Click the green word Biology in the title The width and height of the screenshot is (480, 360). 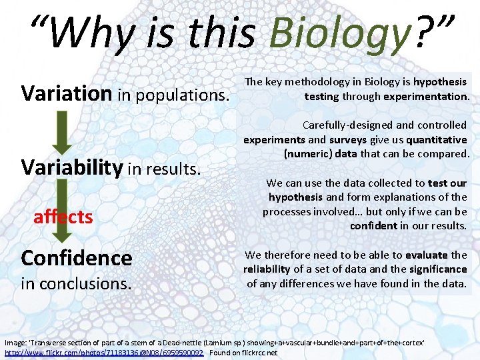click(339, 33)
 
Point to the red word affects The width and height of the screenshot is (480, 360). click(63, 217)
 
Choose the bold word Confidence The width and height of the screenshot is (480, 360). click(77, 257)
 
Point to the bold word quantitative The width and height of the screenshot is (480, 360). click(436, 139)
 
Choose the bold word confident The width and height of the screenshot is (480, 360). click(374, 226)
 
